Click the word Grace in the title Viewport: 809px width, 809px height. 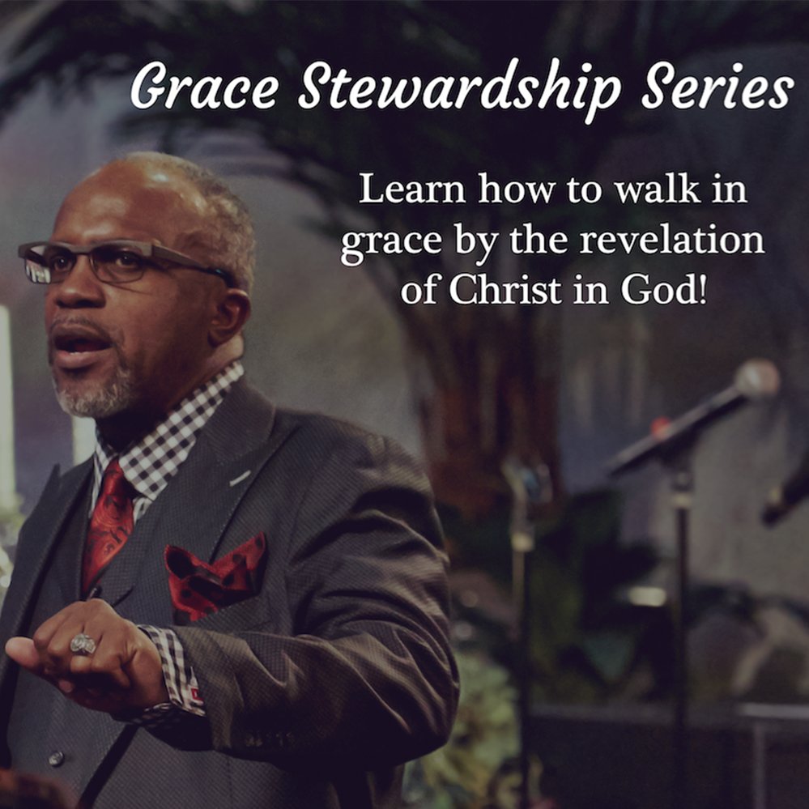coord(204,86)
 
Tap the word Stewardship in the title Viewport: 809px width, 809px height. coord(460,88)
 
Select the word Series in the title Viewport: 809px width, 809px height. coord(717,85)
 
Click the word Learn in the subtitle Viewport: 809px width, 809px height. coord(411,189)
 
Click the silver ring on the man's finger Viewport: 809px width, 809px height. coord(83,644)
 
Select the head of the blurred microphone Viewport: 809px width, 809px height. coord(756,379)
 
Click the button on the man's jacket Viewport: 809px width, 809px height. coord(56,759)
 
